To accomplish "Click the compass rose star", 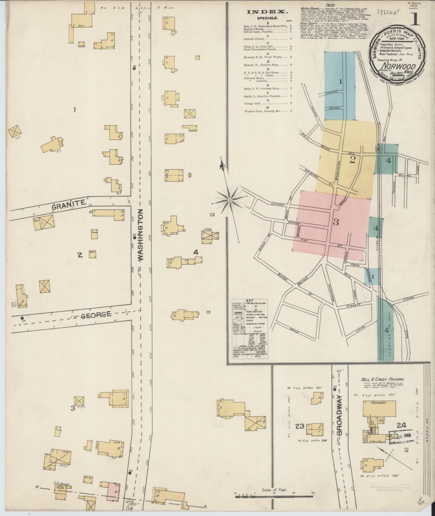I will (x=230, y=200).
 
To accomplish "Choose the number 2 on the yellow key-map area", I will (x=352, y=160).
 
